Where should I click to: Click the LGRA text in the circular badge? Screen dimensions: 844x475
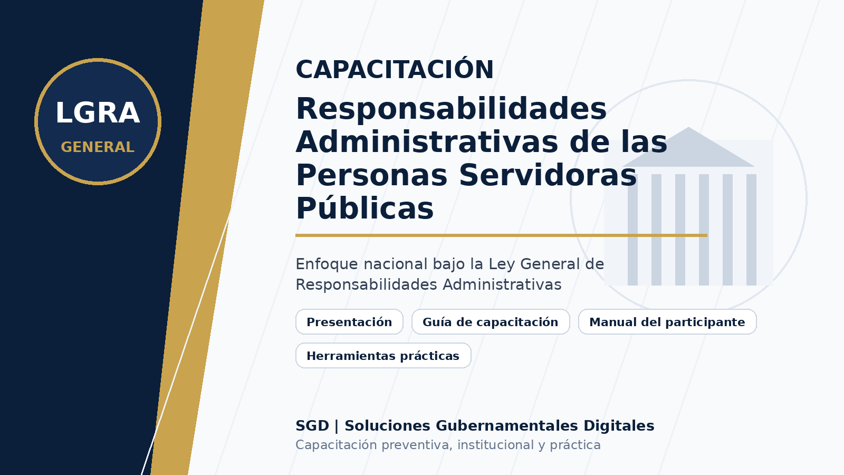98,113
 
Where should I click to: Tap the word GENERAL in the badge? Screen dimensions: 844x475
98,147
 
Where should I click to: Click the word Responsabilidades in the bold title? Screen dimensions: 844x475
451,109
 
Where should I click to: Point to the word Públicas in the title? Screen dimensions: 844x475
365,208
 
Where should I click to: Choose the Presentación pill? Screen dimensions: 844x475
349,322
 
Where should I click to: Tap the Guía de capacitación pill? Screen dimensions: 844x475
490,322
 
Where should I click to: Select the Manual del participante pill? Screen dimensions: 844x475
667,322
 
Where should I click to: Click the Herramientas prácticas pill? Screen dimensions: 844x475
383,356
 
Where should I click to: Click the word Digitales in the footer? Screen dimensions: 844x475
619,425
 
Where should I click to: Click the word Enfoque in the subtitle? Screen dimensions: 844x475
327,264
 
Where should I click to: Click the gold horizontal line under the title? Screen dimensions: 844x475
502,235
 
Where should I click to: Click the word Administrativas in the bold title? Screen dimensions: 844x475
427,142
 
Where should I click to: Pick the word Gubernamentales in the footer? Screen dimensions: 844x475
507,425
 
